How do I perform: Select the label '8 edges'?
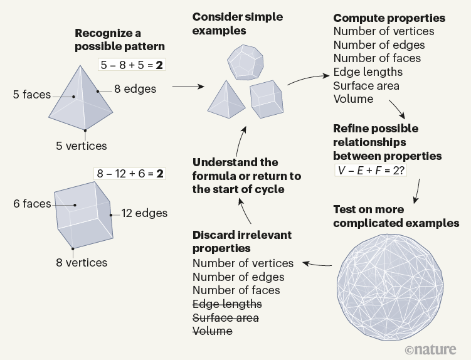click(135, 89)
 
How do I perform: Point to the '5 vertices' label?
click(82, 146)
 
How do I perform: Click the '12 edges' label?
click(144, 213)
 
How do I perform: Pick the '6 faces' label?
click(31, 204)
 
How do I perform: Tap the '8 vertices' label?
click(82, 263)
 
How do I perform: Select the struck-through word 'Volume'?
click(212, 331)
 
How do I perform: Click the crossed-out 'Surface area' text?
click(225, 317)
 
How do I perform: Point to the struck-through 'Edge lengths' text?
click(227, 304)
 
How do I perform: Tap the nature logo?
click(434, 348)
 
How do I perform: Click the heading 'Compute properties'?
click(389, 18)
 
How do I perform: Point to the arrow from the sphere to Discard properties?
click(317, 264)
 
